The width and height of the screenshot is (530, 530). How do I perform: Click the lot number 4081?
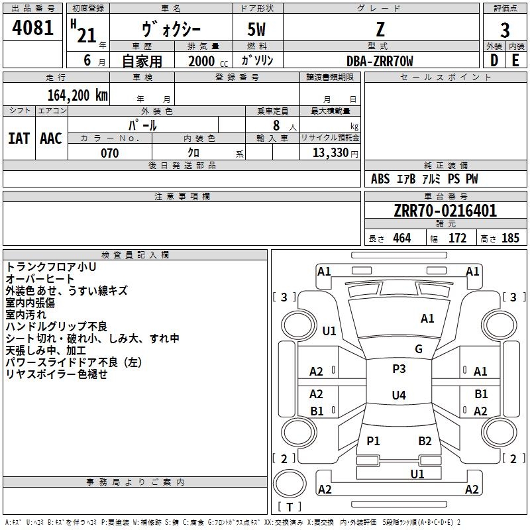tap(32, 28)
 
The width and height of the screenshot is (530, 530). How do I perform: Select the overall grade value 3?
tap(505, 30)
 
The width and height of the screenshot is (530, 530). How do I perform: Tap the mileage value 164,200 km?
tap(78, 95)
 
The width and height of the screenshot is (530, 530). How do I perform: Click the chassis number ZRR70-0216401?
tap(445, 211)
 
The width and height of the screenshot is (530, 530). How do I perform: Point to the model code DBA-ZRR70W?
tap(380, 61)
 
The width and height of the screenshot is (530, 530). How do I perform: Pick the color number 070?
tap(110, 153)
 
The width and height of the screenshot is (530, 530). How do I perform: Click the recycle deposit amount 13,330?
tap(331, 153)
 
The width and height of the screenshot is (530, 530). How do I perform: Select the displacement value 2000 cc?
tap(208, 61)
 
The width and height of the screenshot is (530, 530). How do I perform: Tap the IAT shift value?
tap(19, 138)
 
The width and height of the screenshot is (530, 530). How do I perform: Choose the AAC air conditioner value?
tap(51, 138)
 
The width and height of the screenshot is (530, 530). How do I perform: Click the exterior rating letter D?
tap(494, 60)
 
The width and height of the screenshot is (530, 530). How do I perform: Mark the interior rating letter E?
tap(515, 60)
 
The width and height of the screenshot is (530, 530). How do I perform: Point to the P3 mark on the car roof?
tap(399, 369)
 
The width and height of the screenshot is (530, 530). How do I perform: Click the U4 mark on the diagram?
tap(399, 395)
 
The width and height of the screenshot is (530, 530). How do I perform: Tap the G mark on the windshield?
tap(419, 349)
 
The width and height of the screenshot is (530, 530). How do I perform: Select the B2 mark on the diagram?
tap(425, 441)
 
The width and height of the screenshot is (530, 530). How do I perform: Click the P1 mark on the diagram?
tap(373, 441)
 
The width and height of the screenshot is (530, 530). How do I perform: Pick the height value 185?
tap(510, 238)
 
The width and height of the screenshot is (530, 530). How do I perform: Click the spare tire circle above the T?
tap(290, 484)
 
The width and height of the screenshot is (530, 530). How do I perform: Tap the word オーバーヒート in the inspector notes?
tap(40, 279)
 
